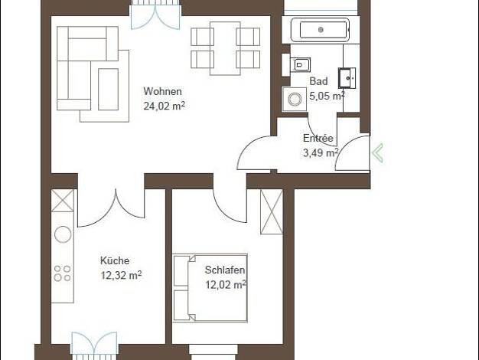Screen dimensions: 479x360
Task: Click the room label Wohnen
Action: click(162, 91)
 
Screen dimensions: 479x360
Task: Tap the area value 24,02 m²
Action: click(165, 106)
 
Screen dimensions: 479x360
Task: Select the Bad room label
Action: click(318, 81)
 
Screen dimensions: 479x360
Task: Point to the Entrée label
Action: click(318, 138)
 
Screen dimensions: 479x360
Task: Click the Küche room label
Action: click(115, 260)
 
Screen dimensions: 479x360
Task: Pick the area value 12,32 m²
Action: click(121, 275)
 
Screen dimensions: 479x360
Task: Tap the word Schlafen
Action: click(225, 270)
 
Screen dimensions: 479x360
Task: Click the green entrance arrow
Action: click(377, 152)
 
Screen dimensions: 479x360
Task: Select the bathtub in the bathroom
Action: click(320, 30)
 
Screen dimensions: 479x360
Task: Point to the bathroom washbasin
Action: click(347, 78)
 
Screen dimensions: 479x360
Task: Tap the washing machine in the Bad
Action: click(295, 99)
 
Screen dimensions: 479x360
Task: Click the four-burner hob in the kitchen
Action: click(62, 273)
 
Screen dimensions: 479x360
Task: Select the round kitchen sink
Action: click(63, 234)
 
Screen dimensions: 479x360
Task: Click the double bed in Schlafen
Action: click(210, 288)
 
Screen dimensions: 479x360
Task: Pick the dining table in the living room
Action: click(225, 48)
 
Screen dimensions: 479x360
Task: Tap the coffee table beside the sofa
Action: click(108, 90)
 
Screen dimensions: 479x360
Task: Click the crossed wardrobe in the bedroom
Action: click(272, 212)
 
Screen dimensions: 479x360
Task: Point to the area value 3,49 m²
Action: click(321, 152)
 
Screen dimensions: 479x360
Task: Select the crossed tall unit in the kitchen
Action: click(63, 201)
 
